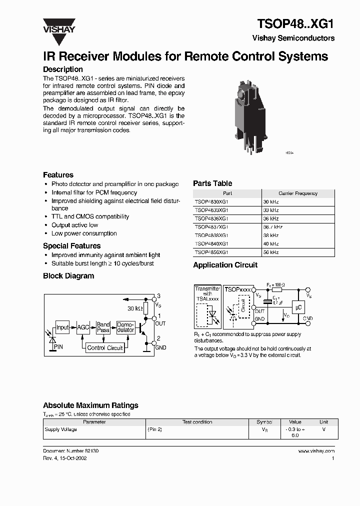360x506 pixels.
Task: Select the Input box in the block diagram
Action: tap(62, 327)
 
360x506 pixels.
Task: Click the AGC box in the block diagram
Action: tap(83, 327)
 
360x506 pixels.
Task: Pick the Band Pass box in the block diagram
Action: tap(103, 327)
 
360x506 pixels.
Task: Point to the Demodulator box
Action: tap(125, 327)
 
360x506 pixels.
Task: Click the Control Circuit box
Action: tap(105, 347)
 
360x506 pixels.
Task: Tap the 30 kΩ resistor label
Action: tap(134, 308)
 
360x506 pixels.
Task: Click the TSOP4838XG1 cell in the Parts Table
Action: tap(211, 235)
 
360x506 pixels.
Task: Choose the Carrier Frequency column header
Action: tap(298, 193)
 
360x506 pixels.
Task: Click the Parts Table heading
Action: tap(212, 183)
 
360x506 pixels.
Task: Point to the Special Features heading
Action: tap(71, 246)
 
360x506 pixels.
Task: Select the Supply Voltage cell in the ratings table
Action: tap(61, 429)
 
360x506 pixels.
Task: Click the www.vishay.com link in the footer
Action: tap(316, 451)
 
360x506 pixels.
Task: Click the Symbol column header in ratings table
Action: tap(264, 422)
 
